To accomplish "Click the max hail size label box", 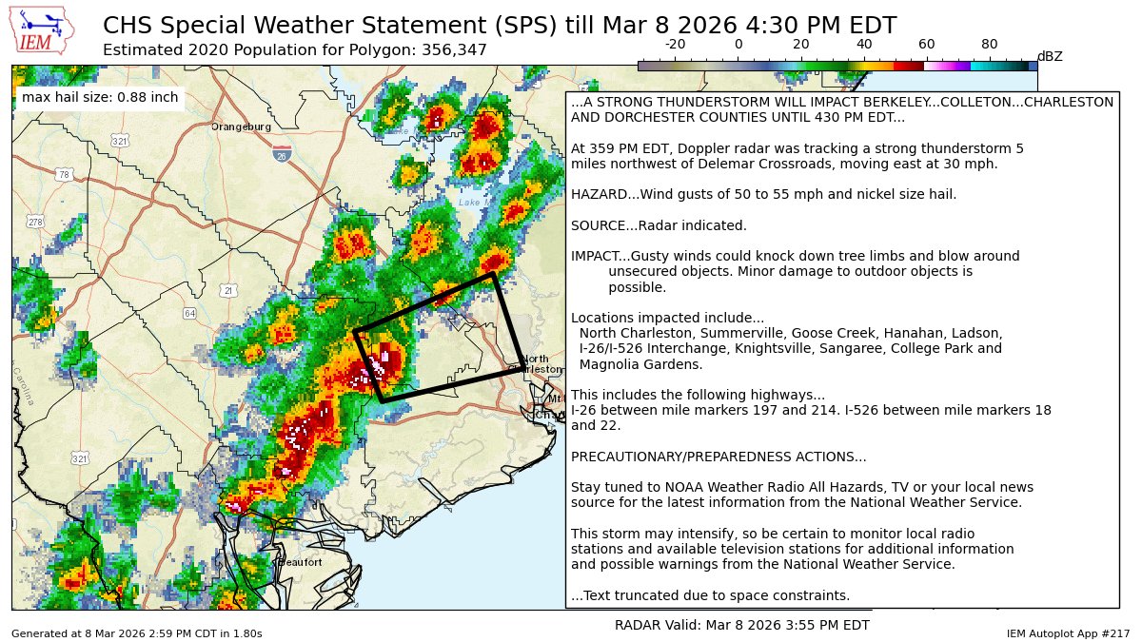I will (x=100, y=97).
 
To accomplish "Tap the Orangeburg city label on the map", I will (x=241, y=126).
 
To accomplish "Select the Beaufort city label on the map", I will (x=300, y=562).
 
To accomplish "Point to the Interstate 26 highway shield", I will (x=283, y=154).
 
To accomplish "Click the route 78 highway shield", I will (x=64, y=175).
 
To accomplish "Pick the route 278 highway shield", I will (x=35, y=223).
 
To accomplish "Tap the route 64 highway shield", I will (x=190, y=313).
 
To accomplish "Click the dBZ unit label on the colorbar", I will (x=1050, y=57).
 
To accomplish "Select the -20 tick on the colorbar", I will (x=675, y=44).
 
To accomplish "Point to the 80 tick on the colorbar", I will (x=990, y=44).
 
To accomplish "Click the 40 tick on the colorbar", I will (x=864, y=44).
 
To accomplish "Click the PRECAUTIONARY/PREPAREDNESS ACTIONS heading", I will (x=719, y=457).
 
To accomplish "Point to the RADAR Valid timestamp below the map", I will (x=742, y=625).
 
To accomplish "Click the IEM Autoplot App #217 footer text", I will (x=1068, y=632).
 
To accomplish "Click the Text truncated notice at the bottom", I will (x=710, y=595).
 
